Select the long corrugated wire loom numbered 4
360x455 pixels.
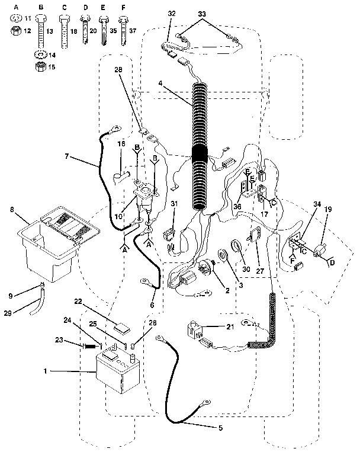pyautogui.click(x=200, y=148)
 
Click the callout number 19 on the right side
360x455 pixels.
pyautogui.click(x=328, y=209)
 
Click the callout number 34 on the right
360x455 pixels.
pyautogui.click(x=317, y=204)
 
